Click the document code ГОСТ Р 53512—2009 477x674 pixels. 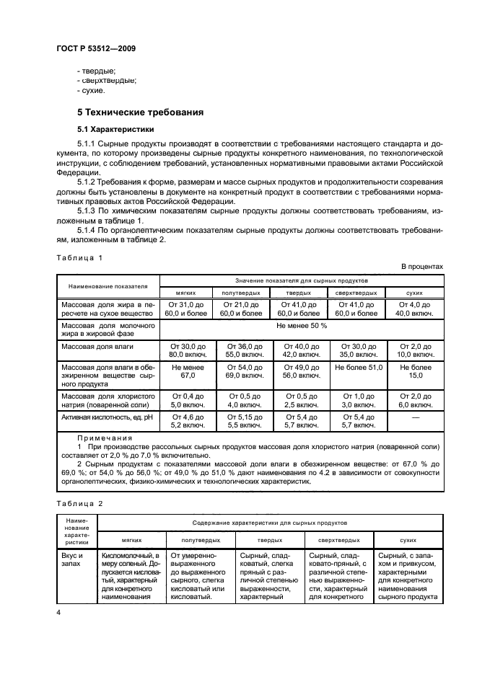coord(95,48)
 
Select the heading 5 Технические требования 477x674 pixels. coord(140,112)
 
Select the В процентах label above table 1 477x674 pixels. coord(422,267)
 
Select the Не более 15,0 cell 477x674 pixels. coord(414,371)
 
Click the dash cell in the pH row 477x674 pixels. coord(414,418)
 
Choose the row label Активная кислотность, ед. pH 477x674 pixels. coord(103,418)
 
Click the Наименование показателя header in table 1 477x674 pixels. coord(108,285)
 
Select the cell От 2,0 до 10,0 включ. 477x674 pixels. coord(414,350)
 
